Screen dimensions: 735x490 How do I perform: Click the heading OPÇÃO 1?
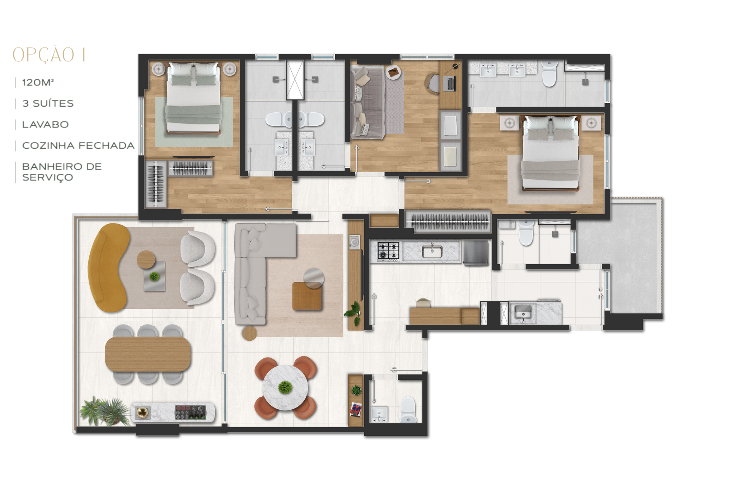point(49,55)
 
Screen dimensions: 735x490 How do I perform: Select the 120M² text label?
point(38,83)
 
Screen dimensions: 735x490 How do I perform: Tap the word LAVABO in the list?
point(45,125)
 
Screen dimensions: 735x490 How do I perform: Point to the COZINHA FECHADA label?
point(78,145)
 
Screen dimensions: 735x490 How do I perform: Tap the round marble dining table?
point(285,388)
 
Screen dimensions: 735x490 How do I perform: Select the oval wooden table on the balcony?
point(148,354)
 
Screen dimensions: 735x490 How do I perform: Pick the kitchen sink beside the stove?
point(432,251)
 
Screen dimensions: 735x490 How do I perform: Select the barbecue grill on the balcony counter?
point(191,412)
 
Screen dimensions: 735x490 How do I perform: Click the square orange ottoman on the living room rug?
point(307,296)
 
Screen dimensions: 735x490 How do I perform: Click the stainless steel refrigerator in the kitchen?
point(476,253)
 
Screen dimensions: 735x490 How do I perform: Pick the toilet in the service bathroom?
point(526,233)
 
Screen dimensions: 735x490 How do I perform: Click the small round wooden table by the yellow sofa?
point(146,260)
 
